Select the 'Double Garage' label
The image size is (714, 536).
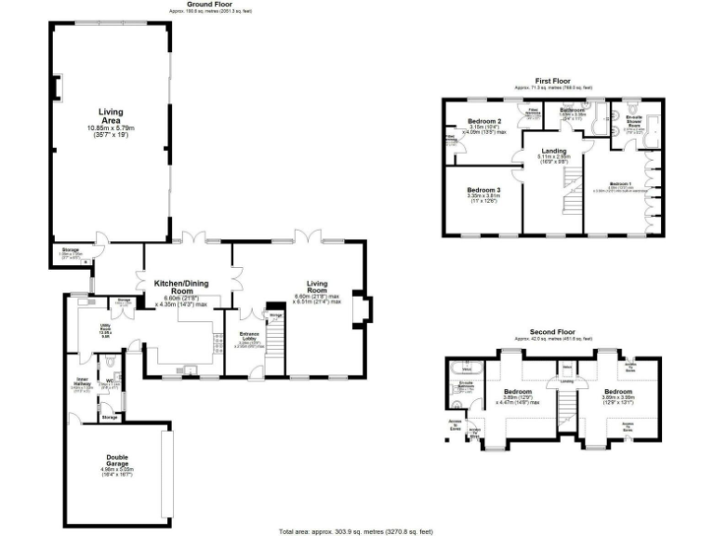(111, 462)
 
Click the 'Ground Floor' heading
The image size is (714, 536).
(203, 5)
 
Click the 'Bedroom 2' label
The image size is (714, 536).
(485, 122)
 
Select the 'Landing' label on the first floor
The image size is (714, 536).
(554, 151)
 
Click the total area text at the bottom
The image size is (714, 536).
(356, 530)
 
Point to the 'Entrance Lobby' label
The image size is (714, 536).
(249, 336)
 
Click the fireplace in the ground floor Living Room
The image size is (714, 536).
(364, 312)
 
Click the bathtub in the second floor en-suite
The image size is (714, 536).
(468, 369)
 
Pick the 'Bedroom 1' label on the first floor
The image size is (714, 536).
(620, 185)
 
